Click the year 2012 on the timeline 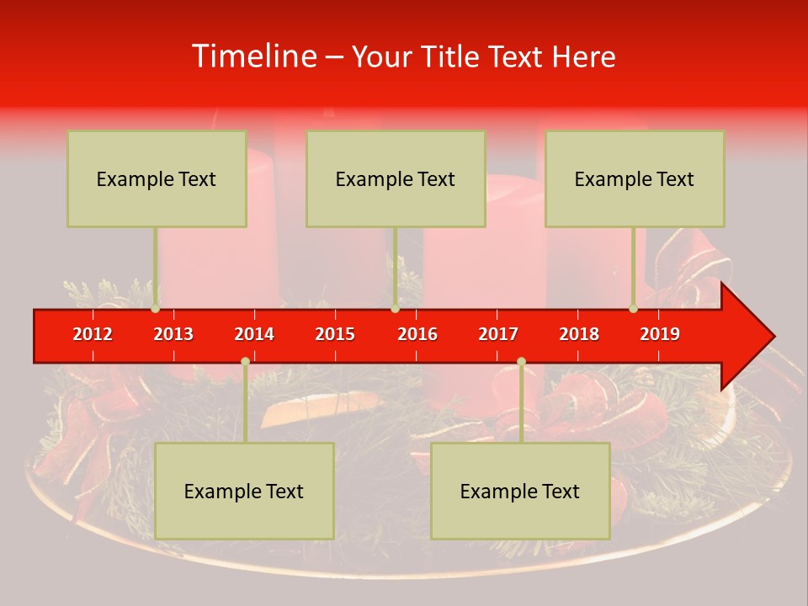click(93, 334)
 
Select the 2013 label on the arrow click(173, 334)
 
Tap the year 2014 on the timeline click(254, 334)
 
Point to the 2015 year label click(335, 334)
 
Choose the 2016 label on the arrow click(417, 334)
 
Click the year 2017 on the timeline click(498, 334)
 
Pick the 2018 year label click(579, 334)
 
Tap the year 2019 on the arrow click(660, 334)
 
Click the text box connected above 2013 click(157, 178)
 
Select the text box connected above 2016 click(396, 178)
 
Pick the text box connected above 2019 click(635, 178)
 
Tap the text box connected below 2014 click(244, 491)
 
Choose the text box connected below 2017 click(520, 491)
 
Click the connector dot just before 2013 click(156, 309)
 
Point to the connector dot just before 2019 click(634, 309)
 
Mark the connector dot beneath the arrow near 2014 click(245, 362)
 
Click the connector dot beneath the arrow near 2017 click(521, 362)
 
